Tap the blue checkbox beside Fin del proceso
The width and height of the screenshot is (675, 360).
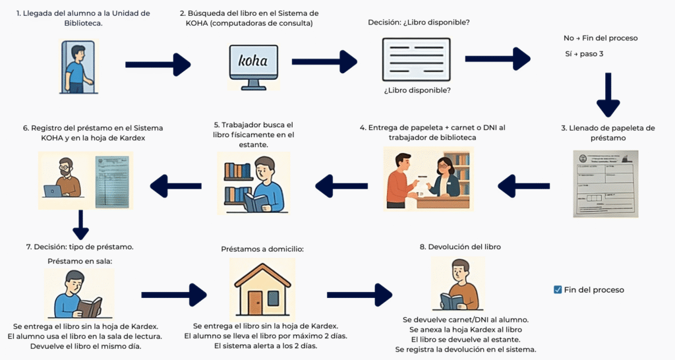[558, 289]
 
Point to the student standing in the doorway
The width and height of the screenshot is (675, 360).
[77, 67]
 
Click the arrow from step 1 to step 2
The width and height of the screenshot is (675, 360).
[158, 64]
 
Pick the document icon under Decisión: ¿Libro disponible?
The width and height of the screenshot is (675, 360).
[416, 59]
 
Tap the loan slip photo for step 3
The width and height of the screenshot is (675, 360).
[605, 183]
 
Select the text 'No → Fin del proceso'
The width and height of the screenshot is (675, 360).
[600, 38]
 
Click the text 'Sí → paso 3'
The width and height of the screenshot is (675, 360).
[584, 53]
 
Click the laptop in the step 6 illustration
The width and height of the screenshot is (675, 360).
[53, 190]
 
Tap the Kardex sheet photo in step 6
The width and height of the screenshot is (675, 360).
[113, 181]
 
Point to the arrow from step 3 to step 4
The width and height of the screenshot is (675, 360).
[523, 187]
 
